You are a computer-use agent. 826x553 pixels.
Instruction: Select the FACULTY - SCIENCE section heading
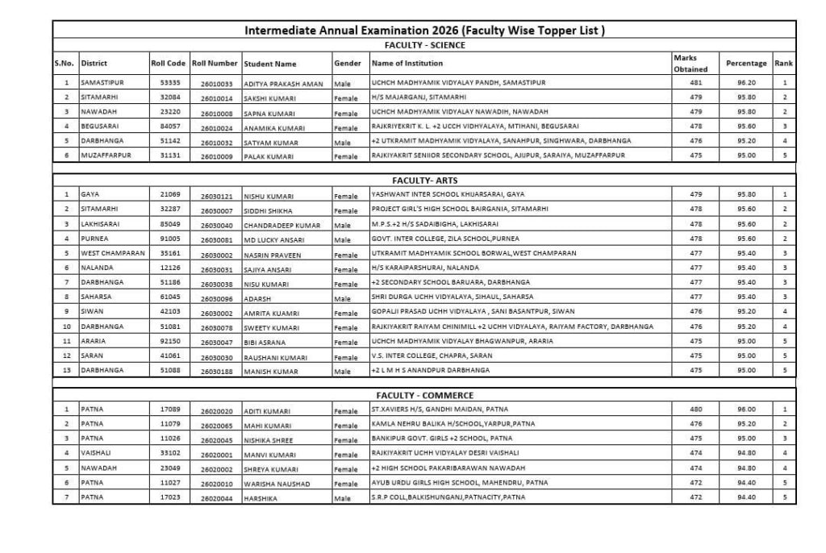(424, 45)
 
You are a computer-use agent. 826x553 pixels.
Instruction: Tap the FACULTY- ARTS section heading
(424, 181)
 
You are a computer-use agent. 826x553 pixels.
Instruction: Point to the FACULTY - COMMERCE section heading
(424, 396)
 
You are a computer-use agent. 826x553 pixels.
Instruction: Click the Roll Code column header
(168, 63)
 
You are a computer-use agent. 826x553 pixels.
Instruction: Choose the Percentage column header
(746, 63)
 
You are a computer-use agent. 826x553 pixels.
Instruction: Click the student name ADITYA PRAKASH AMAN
(283, 84)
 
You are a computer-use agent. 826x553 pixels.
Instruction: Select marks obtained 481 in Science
(696, 82)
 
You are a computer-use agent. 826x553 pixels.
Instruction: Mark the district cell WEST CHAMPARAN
(113, 252)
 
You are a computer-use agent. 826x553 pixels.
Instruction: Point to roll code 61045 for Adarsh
(170, 296)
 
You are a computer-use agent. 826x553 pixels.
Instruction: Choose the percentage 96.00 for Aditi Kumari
(746, 410)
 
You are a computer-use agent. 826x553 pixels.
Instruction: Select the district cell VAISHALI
(98, 453)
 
